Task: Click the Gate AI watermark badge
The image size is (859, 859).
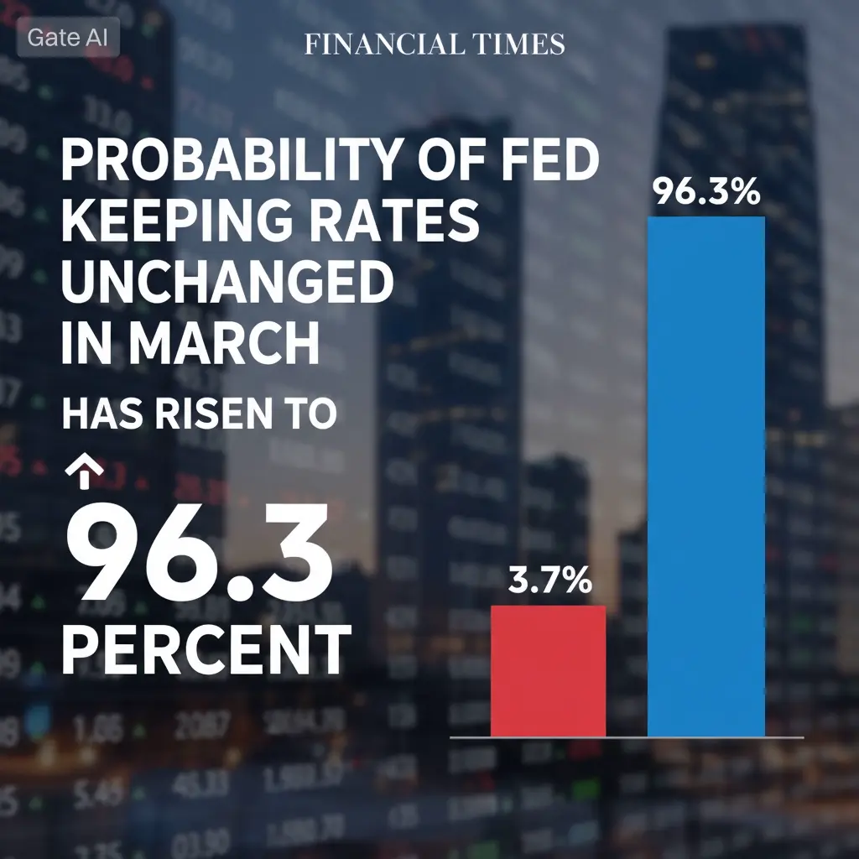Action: click(68, 38)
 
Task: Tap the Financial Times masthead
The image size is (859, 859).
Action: click(434, 44)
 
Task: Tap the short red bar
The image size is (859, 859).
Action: click(548, 670)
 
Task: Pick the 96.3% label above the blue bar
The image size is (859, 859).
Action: click(705, 193)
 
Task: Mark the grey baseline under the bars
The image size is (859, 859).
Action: click(627, 737)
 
